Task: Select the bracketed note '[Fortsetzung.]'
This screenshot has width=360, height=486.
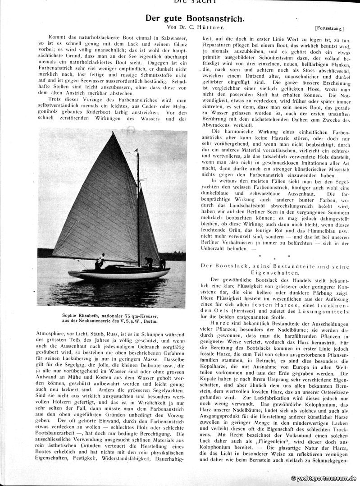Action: point(329,29)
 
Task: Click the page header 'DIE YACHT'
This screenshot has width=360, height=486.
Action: point(194,2)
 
